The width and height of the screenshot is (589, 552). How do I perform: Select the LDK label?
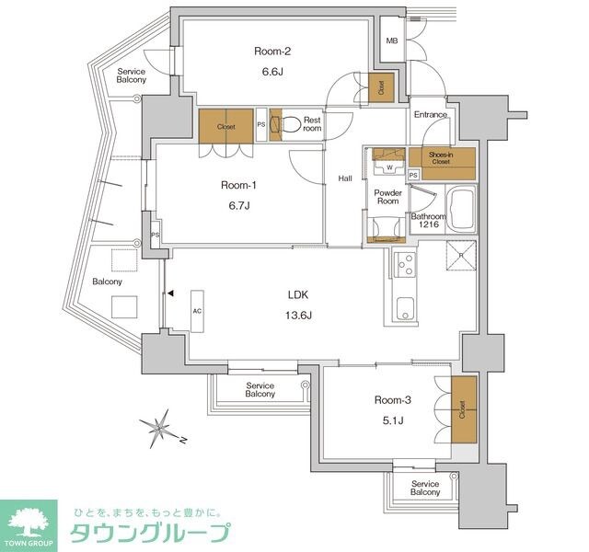click(x=298, y=296)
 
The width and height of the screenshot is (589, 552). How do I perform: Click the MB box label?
click(x=392, y=41)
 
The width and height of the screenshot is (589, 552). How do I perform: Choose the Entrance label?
click(x=431, y=115)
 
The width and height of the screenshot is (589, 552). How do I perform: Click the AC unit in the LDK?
click(x=197, y=311)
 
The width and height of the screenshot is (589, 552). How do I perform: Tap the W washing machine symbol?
click(x=388, y=167)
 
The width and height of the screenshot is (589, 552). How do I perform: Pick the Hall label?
click(x=345, y=178)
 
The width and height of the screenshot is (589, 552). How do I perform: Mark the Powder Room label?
click(x=387, y=196)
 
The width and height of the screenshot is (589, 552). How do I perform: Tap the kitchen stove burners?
click(x=404, y=264)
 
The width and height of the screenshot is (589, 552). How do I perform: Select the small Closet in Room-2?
click(x=380, y=86)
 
